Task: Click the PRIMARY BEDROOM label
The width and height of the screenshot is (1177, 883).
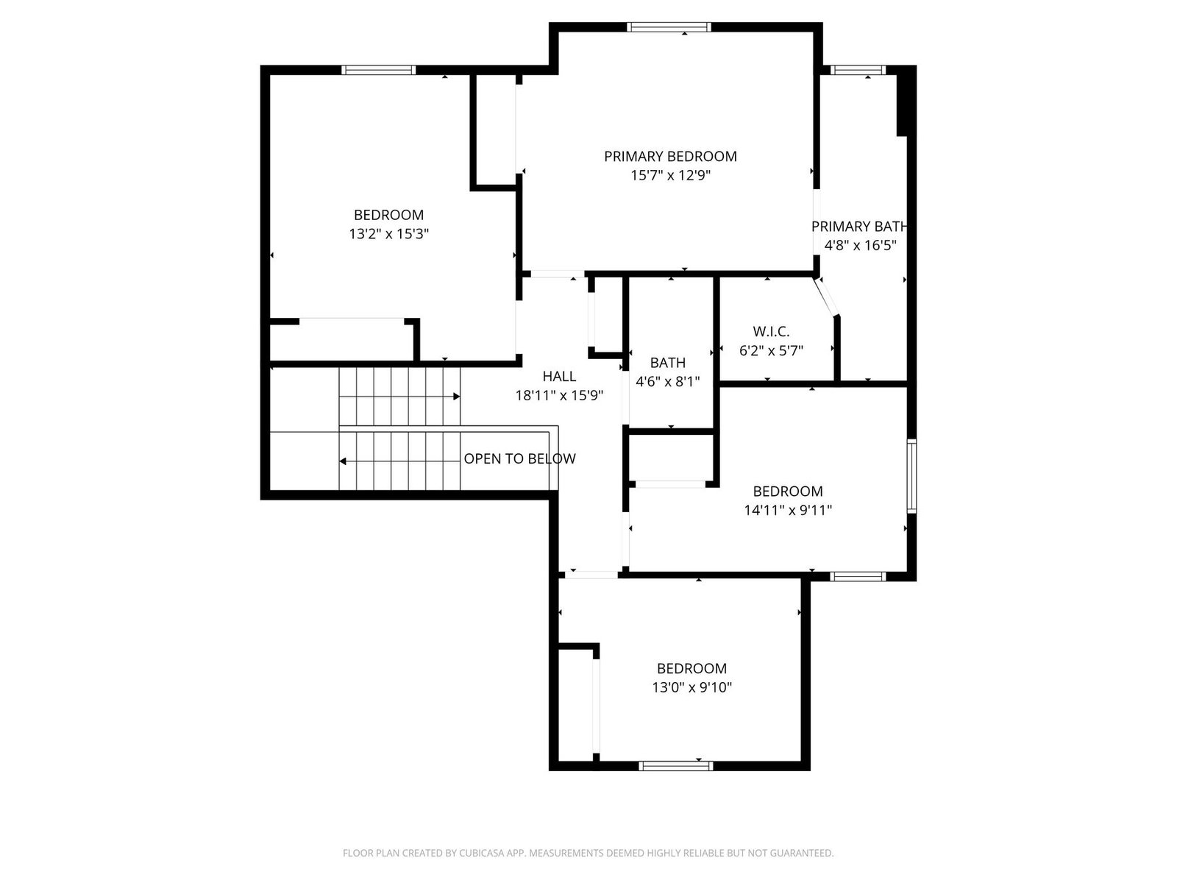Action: pyautogui.click(x=669, y=157)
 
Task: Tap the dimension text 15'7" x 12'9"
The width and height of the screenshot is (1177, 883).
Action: pyautogui.click(x=669, y=175)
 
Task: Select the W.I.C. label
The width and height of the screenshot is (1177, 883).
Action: pyautogui.click(x=770, y=331)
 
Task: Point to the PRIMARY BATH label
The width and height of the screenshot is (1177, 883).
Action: pyautogui.click(x=859, y=226)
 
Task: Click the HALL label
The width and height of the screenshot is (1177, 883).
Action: pyautogui.click(x=559, y=376)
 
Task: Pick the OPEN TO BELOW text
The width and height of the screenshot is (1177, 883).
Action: pyautogui.click(x=519, y=458)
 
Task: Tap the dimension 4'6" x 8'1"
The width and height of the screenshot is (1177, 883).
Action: pyautogui.click(x=668, y=382)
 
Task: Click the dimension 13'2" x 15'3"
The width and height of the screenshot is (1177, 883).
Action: pyautogui.click(x=388, y=234)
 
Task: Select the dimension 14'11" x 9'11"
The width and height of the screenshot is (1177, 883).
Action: pyautogui.click(x=787, y=510)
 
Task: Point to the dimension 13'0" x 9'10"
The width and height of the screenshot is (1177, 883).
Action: pyautogui.click(x=691, y=687)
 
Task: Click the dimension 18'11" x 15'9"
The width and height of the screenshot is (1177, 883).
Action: pyautogui.click(x=559, y=396)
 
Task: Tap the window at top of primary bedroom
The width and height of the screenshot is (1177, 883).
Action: pyautogui.click(x=669, y=26)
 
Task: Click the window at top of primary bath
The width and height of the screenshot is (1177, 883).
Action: pyautogui.click(x=858, y=70)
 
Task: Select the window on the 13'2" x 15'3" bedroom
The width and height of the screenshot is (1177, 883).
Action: pyautogui.click(x=379, y=70)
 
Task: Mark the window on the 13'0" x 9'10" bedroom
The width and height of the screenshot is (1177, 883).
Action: pyautogui.click(x=675, y=766)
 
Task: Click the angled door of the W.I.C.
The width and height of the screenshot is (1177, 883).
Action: pyautogui.click(x=826, y=297)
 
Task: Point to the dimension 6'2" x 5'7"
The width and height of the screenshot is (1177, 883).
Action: pyautogui.click(x=770, y=351)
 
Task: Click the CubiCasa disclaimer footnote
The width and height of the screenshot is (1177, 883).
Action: pyautogui.click(x=588, y=852)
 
